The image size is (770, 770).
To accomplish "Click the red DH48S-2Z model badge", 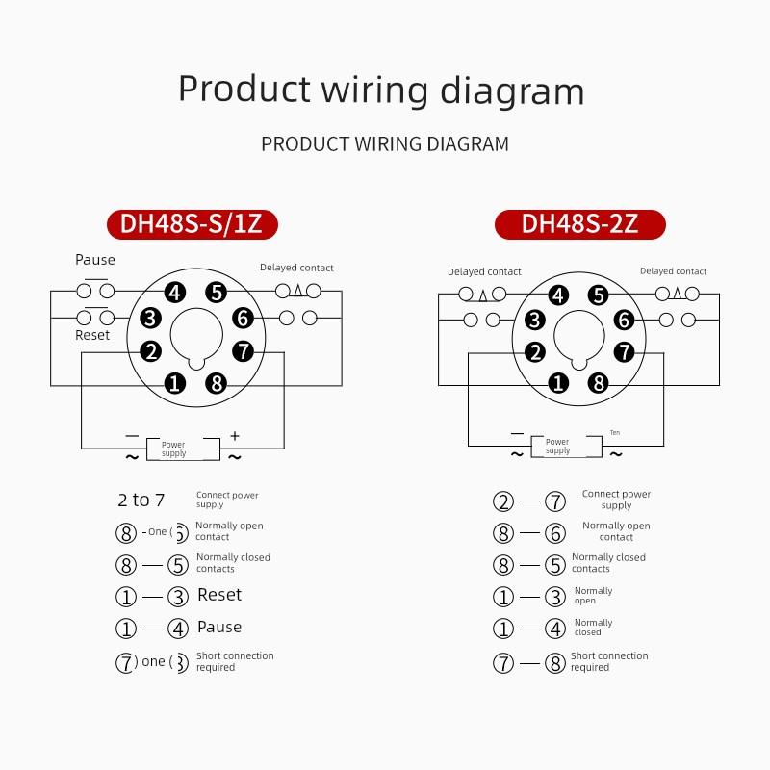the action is (x=579, y=224).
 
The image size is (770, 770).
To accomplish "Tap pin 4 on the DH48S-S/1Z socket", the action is (x=174, y=293).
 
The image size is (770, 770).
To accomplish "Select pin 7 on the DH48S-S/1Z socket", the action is (x=243, y=350).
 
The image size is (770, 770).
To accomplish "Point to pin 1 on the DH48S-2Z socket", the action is (x=558, y=383).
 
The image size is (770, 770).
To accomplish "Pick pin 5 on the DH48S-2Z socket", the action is (x=599, y=295).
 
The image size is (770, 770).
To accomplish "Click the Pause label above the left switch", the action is (x=95, y=260).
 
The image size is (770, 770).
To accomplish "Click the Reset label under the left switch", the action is (x=92, y=335).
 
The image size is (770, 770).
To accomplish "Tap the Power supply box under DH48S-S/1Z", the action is (x=173, y=449).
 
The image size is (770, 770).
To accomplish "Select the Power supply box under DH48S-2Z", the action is (x=557, y=446).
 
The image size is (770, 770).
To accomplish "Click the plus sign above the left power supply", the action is (x=234, y=435).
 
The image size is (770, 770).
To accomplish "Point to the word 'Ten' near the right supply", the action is (x=615, y=433).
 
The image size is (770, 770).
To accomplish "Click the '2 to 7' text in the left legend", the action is (x=141, y=500).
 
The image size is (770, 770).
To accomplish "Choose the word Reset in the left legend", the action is (x=219, y=595).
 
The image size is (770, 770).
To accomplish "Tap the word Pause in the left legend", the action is (x=219, y=627).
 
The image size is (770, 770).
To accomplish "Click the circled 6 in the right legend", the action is (x=555, y=533).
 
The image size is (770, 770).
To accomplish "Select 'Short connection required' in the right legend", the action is (x=609, y=661).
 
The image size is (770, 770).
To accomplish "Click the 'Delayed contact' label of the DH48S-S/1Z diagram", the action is (x=296, y=268).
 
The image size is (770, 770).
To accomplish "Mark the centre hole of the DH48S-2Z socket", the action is (x=578, y=339).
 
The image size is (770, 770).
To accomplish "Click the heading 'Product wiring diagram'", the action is (x=381, y=90).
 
